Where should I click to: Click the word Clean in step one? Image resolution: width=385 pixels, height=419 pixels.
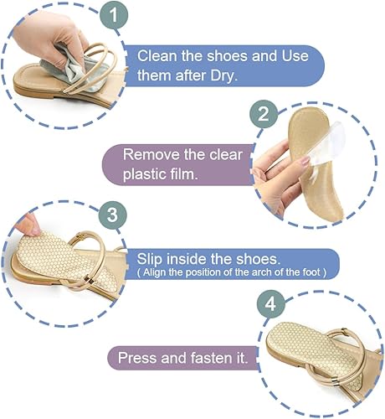tap(157, 57)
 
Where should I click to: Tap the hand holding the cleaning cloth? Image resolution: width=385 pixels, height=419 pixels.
tap(33, 38)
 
